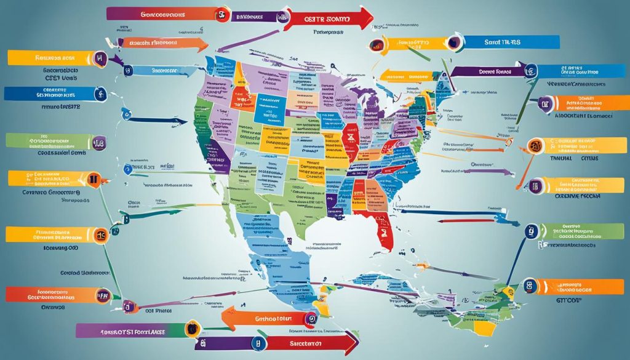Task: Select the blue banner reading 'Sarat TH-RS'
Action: point(511,42)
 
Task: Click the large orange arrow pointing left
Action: point(258,318)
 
